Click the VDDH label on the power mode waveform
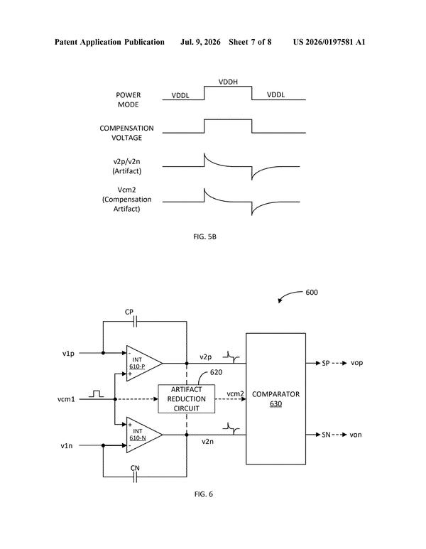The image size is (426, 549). (228, 82)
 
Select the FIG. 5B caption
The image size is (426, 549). (204, 237)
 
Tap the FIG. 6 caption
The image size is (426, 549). (203, 494)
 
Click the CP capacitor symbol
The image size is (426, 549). (136, 322)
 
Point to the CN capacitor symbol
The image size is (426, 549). (135, 477)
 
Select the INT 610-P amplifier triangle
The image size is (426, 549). (144, 363)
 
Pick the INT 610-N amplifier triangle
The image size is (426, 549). (144, 435)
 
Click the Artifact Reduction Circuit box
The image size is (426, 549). (186, 399)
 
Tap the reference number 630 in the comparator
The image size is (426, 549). (275, 403)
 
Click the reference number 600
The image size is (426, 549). (312, 293)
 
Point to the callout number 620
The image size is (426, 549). (216, 372)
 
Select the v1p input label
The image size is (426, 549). (68, 353)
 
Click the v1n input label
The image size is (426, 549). (67, 446)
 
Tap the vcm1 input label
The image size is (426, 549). (66, 399)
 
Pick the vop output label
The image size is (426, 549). (356, 363)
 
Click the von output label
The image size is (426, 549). (356, 435)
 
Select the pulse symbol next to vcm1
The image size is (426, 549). (97, 393)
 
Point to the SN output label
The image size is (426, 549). (326, 435)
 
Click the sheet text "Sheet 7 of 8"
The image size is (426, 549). (250, 42)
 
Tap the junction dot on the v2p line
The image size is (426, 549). (187, 364)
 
